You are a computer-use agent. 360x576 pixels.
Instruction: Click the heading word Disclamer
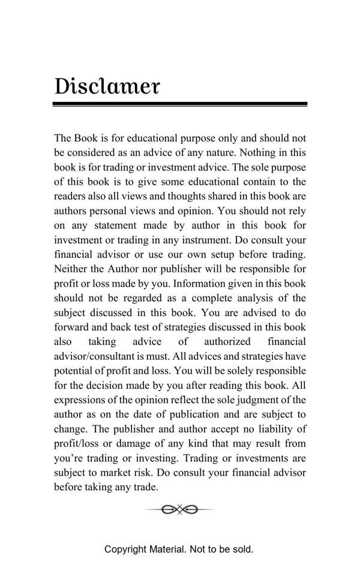pyautogui.click(x=107, y=86)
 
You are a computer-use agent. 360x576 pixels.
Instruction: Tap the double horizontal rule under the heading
pyautogui.click(x=180, y=104)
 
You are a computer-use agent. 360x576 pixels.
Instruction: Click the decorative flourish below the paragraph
pyautogui.click(x=179, y=509)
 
